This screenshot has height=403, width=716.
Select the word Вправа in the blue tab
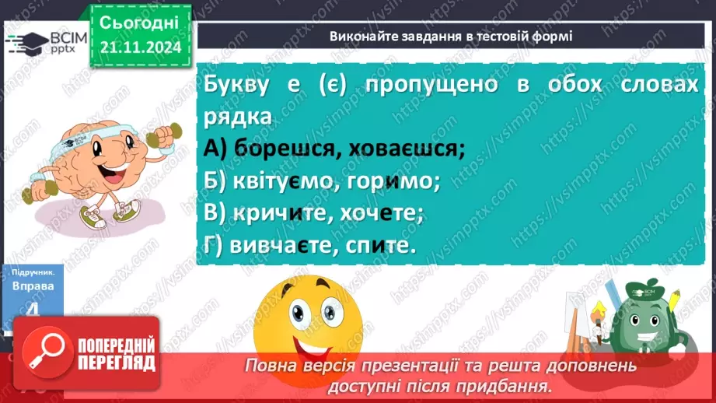click(x=33, y=286)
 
